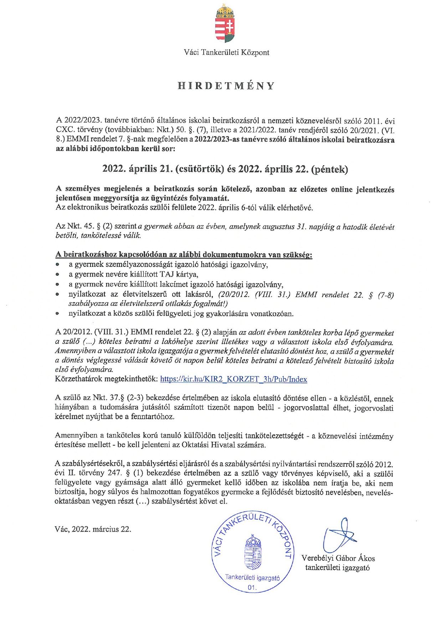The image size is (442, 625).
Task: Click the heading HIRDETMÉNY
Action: pos(226,86)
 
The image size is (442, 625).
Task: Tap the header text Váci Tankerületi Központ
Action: pos(226,53)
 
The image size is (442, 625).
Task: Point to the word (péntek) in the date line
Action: pos(329,169)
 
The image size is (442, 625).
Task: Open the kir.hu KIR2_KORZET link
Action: pos(233,379)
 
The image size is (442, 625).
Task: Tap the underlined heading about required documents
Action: pos(184,255)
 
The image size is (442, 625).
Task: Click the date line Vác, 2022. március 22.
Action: pos(93,529)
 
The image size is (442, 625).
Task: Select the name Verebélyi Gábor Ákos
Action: pos(338,558)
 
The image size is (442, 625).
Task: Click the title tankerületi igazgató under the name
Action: pos(337,568)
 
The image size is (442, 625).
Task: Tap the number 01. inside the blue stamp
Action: pos(252,588)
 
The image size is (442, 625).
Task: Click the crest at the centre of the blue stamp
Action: pos(252,553)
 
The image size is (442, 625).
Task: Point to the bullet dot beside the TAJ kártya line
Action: pos(57,275)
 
